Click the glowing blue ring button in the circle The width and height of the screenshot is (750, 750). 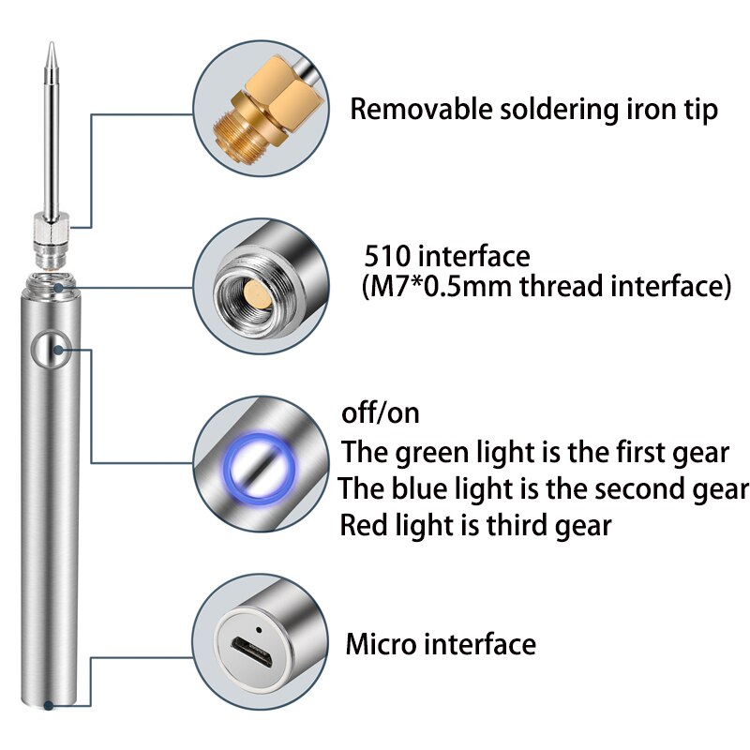257,462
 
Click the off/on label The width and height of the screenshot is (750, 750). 380,412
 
